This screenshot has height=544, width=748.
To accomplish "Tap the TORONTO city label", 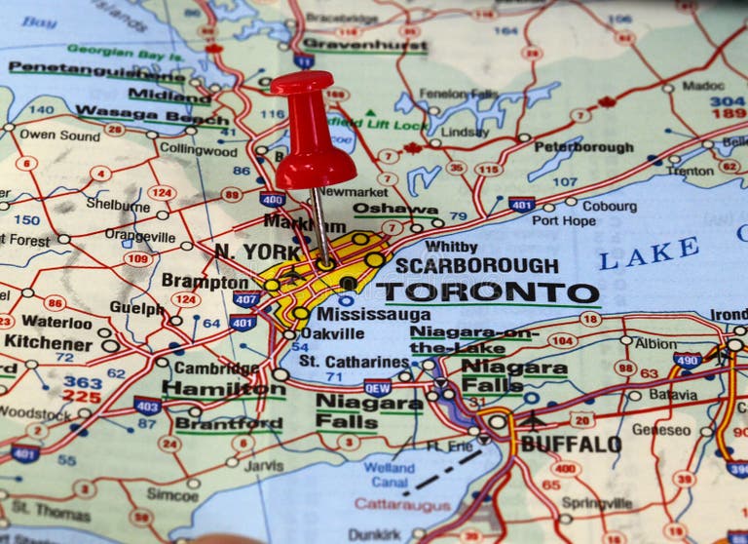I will [x=488, y=293].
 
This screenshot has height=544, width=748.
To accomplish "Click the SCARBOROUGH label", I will [x=476, y=265].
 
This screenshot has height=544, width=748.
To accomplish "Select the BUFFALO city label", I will [x=571, y=444].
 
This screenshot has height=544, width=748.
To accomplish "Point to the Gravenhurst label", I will [x=351, y=44].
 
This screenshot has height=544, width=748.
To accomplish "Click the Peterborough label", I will [x=583, y=147].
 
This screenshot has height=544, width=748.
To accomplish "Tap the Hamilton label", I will [x=223, y=388].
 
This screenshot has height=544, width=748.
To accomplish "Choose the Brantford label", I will [x=228, y=424].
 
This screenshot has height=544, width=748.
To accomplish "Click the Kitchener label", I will [x=48, y=342].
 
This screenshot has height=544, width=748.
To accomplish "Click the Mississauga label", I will [x=373, y=315].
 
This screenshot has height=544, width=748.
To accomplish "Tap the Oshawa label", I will [x=395, y=208].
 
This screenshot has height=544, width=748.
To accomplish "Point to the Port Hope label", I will [x=564, y=220].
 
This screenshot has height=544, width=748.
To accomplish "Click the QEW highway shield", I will [x=378, y=387].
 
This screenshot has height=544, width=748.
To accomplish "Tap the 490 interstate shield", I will [x=688, y=360].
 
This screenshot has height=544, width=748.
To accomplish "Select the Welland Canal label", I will [x=389, y=475].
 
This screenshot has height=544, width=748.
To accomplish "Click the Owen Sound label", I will [x=58, y=135].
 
